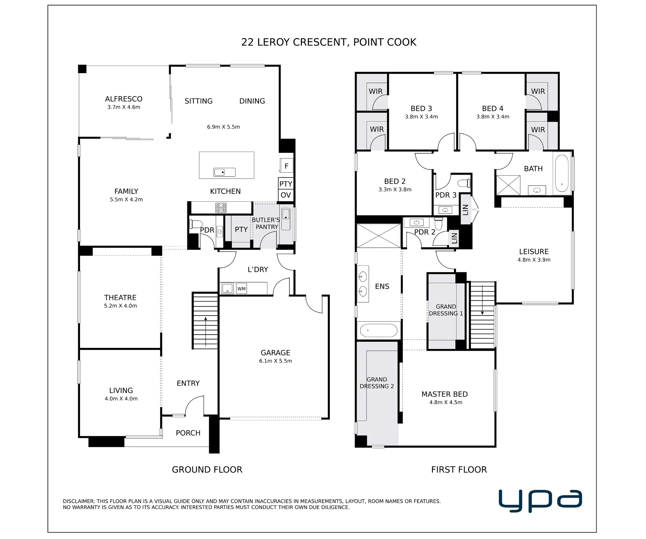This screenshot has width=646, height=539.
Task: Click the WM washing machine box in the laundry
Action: click(x=242, y=289)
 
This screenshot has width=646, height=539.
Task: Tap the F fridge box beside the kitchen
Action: click(x=286, y=166)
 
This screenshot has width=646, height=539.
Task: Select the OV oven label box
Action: click(x=286, y=195)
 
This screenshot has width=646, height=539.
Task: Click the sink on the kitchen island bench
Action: click(x=224, y=172)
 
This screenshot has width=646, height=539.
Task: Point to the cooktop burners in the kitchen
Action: click(x=221, y=208)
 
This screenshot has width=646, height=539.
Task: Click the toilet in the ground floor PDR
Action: click(x=196, y=224)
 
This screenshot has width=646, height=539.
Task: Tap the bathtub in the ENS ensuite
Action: click(x=379, y=330)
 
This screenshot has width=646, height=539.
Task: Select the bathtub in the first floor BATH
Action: click(x=562, y=173)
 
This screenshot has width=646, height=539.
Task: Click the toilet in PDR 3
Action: click(x=464, y=183)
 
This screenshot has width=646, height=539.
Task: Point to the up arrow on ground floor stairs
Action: click(x=206, y=331)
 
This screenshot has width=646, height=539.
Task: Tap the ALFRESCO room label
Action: click(x=124, y=99)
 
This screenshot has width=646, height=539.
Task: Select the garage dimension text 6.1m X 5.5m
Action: click(x=276, y=361)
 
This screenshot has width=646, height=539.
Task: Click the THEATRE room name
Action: click(x=120, y=297)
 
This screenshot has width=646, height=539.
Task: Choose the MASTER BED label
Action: click(x=444, y=394)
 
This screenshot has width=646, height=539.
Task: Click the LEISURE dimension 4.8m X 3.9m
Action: click(x=534, y=260)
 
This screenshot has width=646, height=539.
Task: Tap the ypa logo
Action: click(x=540, y=501)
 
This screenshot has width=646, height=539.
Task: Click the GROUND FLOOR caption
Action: click(x=207, y=469)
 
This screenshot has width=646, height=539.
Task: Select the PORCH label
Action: click(x=188, y=433)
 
